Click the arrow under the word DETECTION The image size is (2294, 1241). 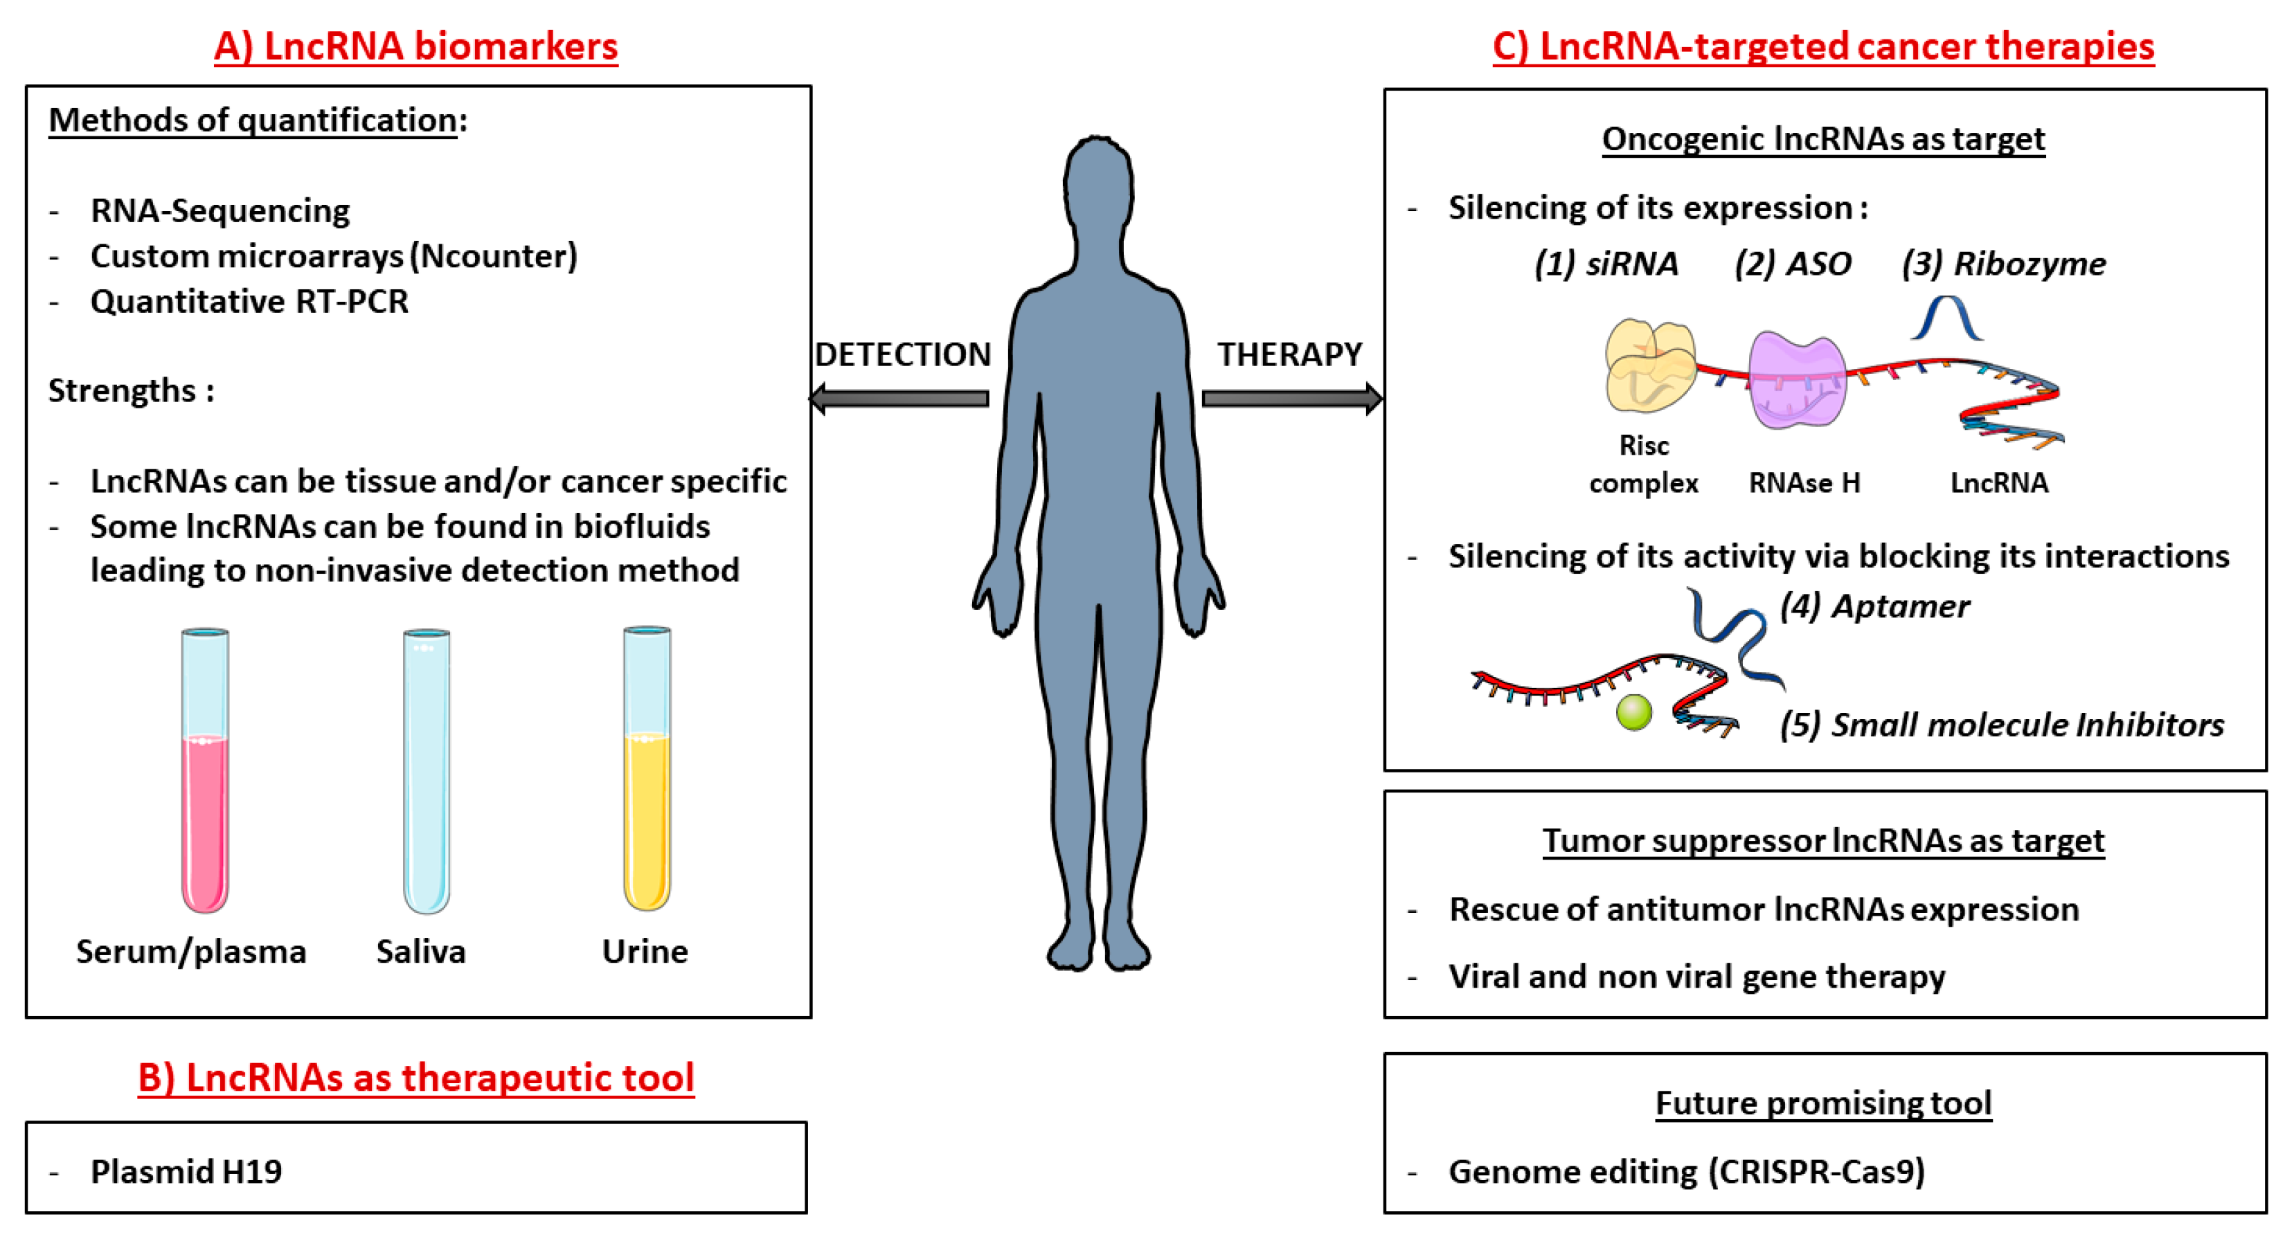pos(899,398)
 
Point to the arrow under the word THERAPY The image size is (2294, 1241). pos(1291,398)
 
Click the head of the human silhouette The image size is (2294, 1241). pos(1098,187)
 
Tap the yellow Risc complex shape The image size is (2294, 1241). pos(1649,365)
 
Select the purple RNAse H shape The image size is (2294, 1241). pos(1796,381)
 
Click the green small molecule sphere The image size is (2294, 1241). pos(1633,712)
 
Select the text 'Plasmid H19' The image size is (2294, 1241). pos(186,1172)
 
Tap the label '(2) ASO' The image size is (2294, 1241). pos(1793,264)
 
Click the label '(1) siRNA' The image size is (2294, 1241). pos(1606,264)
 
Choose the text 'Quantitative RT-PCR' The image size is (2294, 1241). pos(249,302)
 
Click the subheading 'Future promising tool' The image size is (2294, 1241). pos(1823,1103)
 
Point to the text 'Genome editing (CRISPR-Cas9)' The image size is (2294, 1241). pos(1687,1172)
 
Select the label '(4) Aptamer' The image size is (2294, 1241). pos(1874,606)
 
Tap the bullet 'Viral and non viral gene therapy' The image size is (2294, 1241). pos(1696,977)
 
